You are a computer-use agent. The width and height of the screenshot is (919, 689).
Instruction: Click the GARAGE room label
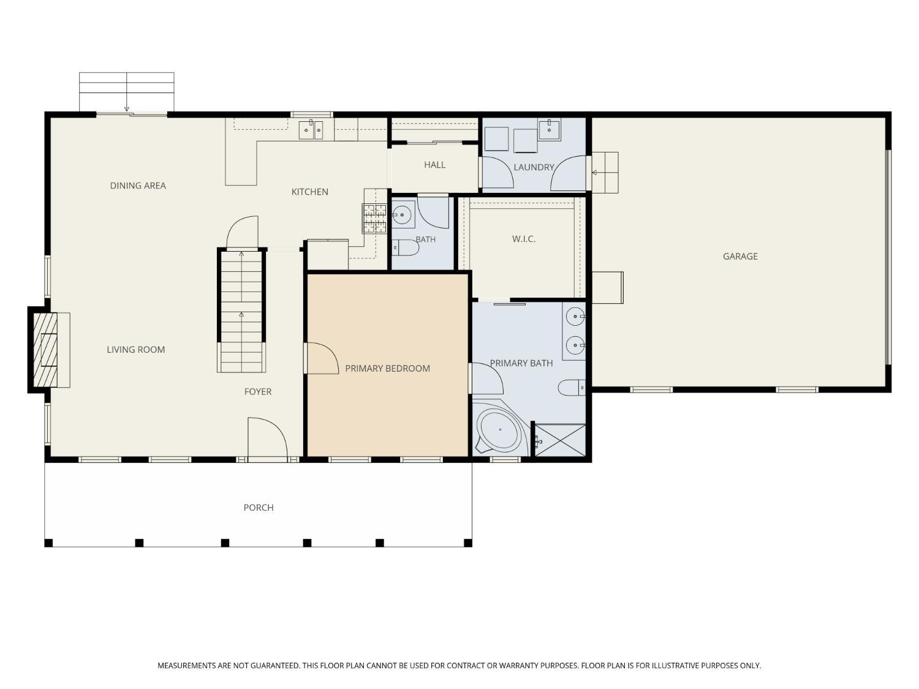coord(740,257)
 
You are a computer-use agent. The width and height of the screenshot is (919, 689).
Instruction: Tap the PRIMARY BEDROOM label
coord(387,369)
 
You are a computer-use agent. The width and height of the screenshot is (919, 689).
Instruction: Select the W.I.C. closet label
coord(523,239)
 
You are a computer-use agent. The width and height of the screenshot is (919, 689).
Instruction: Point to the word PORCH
coord(259,508)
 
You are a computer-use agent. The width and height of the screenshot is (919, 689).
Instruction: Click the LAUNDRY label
coord(534,167)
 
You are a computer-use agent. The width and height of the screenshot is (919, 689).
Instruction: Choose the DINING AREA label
coord(138,186)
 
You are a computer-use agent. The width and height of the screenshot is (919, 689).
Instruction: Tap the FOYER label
coord(258,391)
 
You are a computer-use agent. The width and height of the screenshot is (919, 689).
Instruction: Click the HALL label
coord(434,165)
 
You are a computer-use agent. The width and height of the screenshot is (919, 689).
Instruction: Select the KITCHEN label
coord(309,192)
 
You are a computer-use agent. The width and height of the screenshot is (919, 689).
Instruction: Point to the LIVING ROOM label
coord(135,350)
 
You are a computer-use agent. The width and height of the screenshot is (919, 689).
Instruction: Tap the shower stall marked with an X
coord(560,440)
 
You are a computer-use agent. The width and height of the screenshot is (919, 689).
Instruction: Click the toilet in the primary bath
coord(572,388)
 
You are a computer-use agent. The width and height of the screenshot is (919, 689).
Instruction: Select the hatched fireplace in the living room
coord(45,350)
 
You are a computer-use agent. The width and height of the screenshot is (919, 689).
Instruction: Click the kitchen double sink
coord(311,130)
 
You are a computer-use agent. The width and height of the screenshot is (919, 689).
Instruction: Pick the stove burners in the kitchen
coord(374,218)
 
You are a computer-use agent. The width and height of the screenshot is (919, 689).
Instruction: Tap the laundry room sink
coord(549,129)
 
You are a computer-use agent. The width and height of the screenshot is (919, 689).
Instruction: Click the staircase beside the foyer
coord(241,311)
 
